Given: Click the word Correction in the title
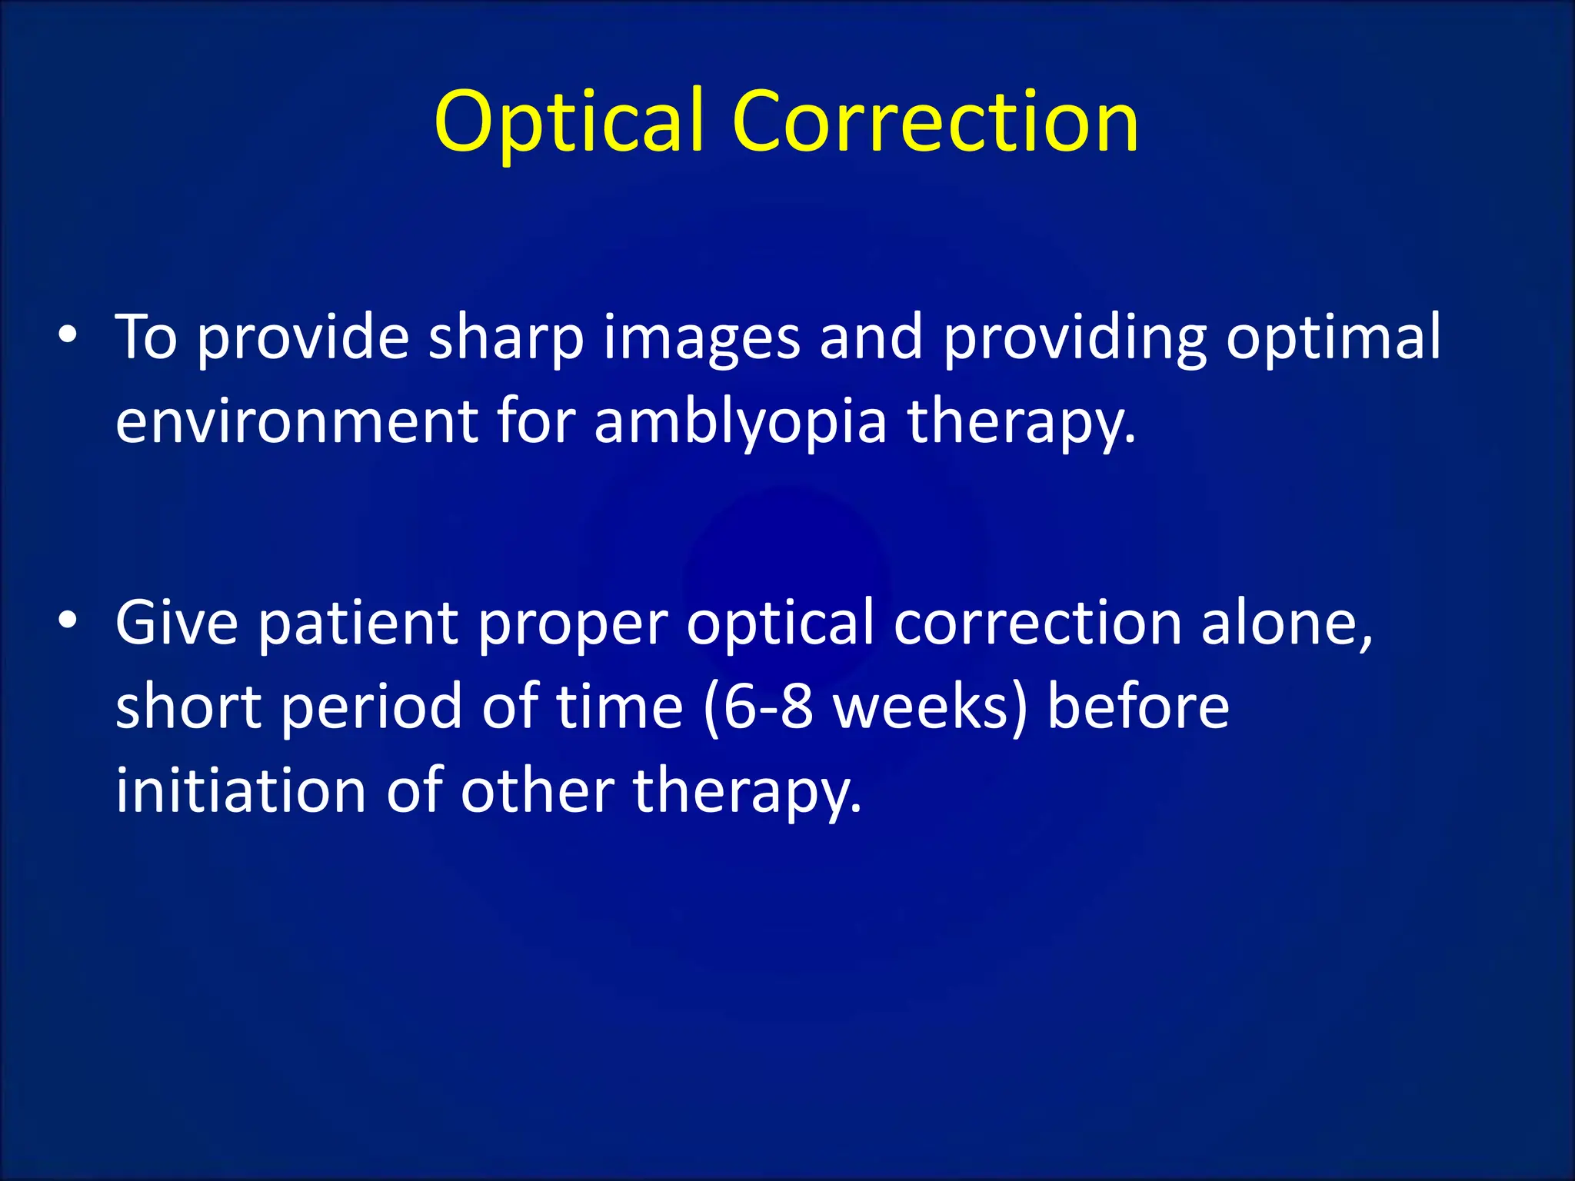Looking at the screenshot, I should click(x=934, y=121).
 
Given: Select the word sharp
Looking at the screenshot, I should click(x=505, y=338).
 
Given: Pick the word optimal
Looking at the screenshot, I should click(x=1333, y=338).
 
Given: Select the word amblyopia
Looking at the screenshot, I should click(x=741, y=424).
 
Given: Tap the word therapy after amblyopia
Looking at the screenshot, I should click(x=1021, y=424).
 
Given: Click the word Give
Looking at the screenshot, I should click(x=177, y=622).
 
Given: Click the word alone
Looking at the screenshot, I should click(x=1286, y=624).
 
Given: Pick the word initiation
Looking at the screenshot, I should click(x=241, y=790).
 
